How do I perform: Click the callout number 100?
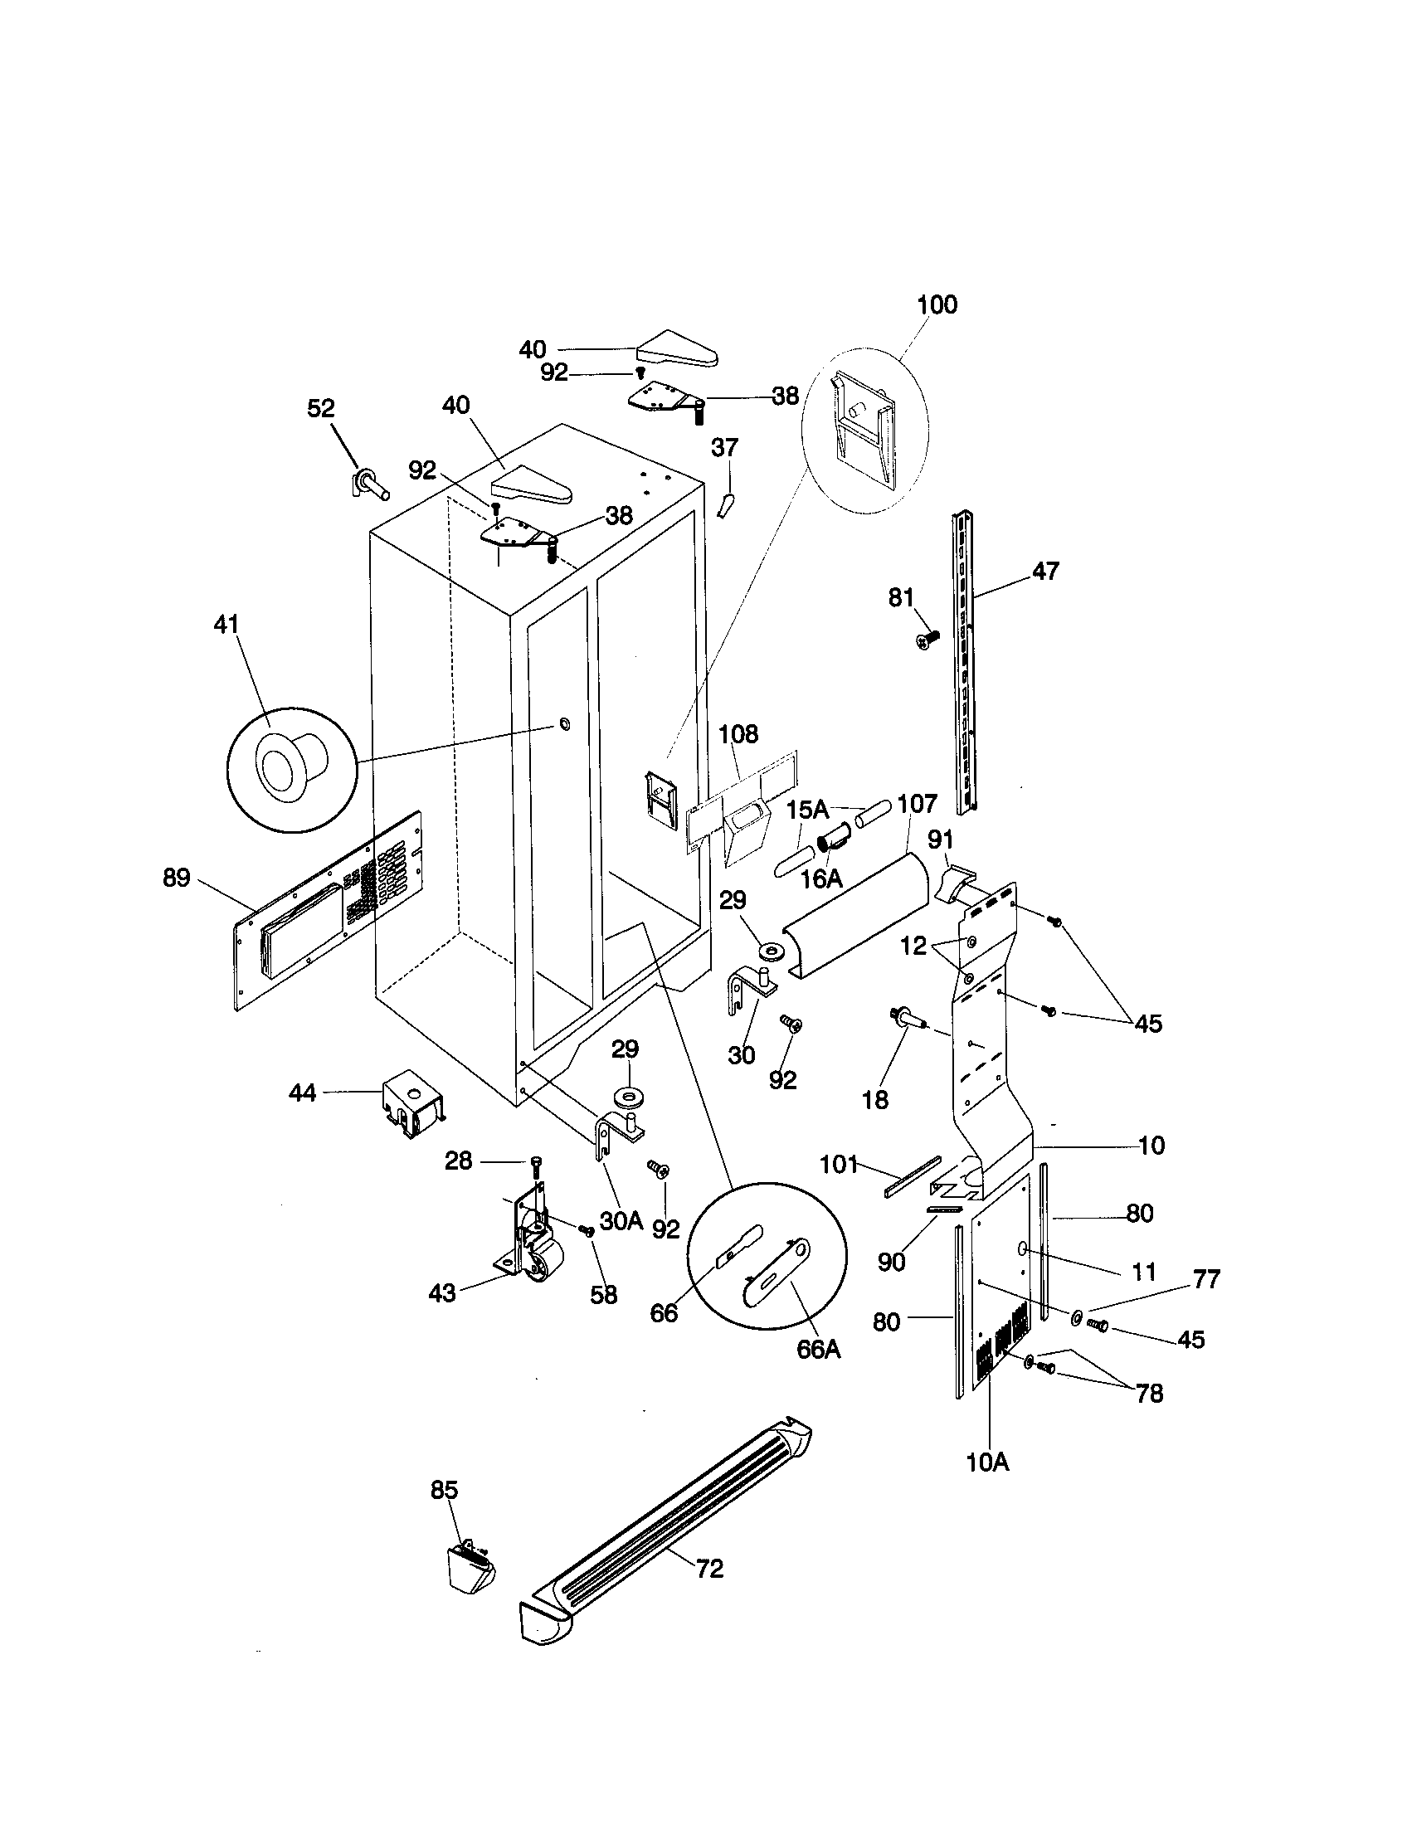coord(937,305)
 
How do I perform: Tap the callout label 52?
coord(321,409)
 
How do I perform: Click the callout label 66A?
coord(819,1349)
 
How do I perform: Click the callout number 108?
coord(738,734)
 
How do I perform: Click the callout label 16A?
coord(821,878)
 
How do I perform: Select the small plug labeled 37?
coord(725,504)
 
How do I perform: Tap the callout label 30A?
coord(621,1222)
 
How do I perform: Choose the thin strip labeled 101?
coord(913,1176)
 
